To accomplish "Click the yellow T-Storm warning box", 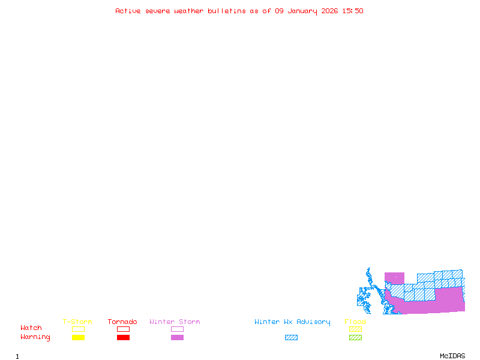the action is tap(78, 338).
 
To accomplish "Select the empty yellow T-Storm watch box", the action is tap(78, 329).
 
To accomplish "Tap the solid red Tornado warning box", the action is tap(123, 338).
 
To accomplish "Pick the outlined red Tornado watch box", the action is tap(123, 329).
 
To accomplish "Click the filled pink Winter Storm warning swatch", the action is tap(177, 338).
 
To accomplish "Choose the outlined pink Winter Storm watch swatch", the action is tap(177, 329).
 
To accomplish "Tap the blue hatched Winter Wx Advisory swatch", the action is tap(291, 338).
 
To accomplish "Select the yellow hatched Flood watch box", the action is tap(355, 329).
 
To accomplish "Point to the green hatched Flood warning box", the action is tap(355, 338).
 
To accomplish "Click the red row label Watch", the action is tap(31, 328).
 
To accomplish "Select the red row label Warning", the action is tap(35, 337).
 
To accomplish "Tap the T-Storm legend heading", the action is tap(77, 322).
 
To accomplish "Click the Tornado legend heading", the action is tap(122, 322).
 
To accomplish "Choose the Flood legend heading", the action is tap(355, 322).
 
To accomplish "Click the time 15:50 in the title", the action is tap(352, 11).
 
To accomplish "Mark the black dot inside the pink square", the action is tap(395, 277).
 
